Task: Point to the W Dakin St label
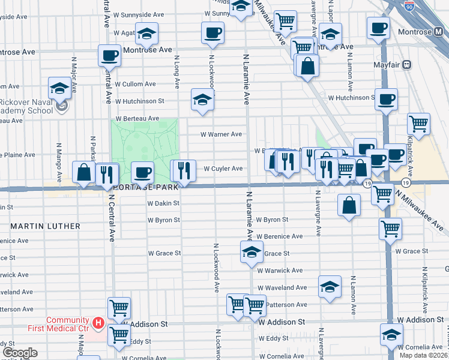[164, 203]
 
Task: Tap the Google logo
[20, 353]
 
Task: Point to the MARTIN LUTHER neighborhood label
[45, 226]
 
